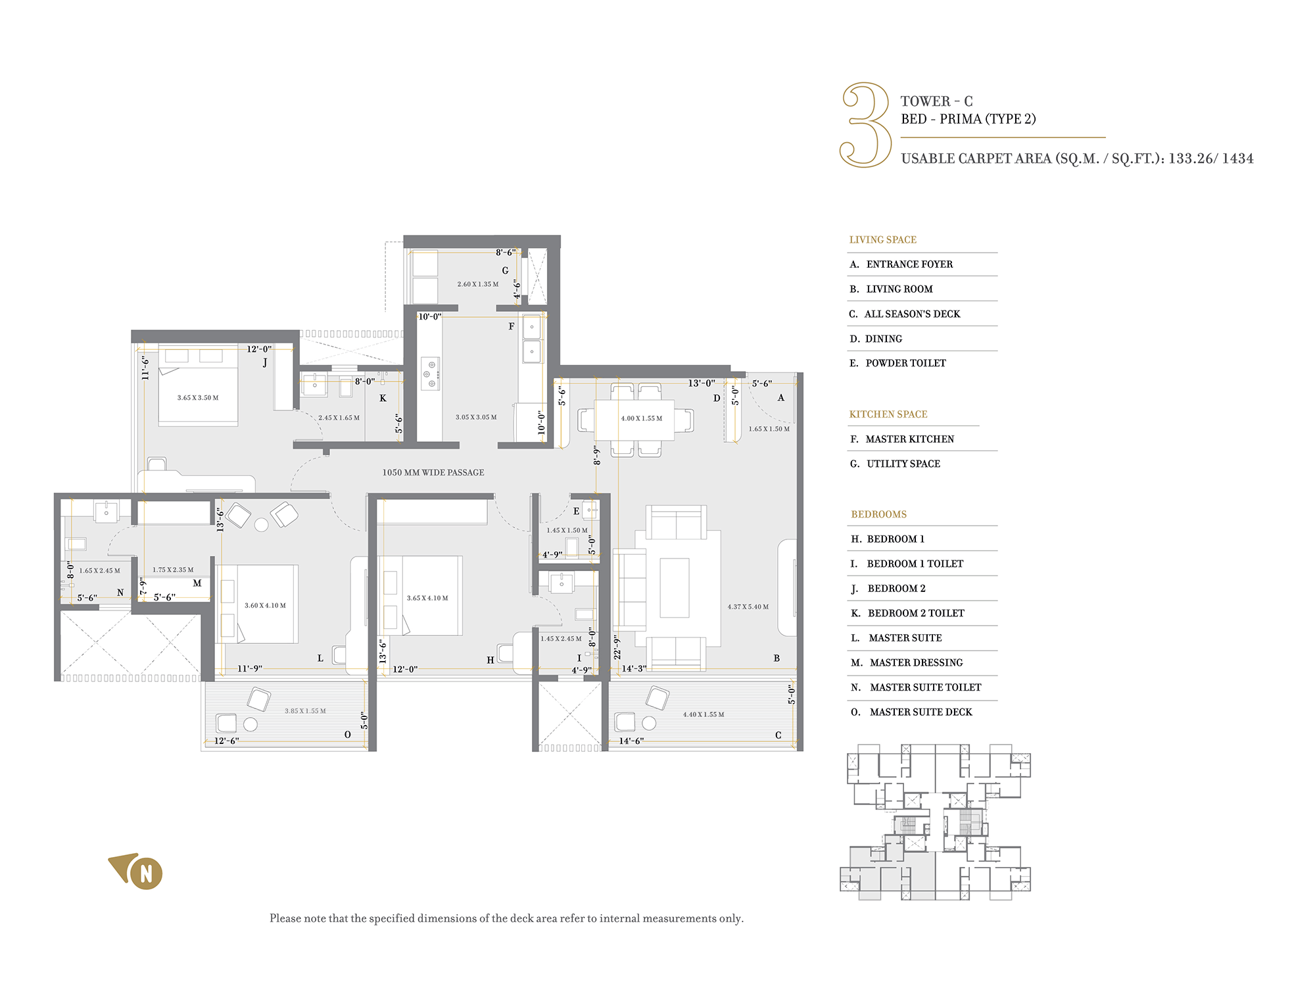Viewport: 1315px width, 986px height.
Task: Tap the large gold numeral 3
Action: tap(866, 124)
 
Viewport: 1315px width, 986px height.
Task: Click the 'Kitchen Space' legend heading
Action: tap(888, 414)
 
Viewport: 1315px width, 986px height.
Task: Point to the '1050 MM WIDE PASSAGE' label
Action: tap(433, 472)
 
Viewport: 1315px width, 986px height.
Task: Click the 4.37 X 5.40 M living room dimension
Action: tap(748, 606)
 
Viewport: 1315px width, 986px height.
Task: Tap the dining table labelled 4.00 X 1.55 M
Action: tap(634, 419)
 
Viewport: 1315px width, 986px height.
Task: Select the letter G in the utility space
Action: tap(505, 270)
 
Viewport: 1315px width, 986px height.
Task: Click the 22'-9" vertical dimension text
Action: tap(617, 647)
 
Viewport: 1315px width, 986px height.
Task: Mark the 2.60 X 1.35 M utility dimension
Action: tap(478, 284)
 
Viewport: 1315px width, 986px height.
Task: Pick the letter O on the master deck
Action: tap(348, 735)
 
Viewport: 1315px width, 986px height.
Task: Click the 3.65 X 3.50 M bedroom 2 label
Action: tap(198, 398)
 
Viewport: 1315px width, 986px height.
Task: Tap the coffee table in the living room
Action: tap(675, 588)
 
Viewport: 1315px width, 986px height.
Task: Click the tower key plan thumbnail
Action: tap(935, 822)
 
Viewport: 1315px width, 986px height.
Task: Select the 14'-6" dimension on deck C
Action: tap(631, 741)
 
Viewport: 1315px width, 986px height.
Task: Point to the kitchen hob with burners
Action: tap(431, 374)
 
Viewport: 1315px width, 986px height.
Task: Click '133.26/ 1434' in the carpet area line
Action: tap(1211, 159)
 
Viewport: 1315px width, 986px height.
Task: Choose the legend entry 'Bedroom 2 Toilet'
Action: tap(916, 613)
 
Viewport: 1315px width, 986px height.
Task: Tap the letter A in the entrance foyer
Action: tap(781, 397)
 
